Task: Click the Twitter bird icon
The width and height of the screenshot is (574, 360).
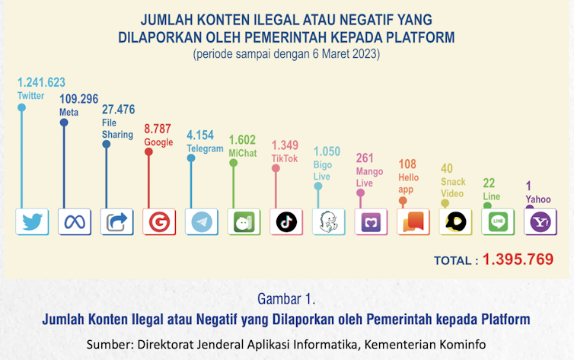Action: [x=32, y=222]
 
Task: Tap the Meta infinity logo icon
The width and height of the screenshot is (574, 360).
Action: [x=73, y=222]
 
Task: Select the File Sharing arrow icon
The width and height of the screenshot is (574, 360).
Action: [x=116, y=222]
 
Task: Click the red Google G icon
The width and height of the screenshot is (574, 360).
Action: [x=159, y=222]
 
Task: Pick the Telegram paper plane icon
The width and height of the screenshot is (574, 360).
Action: [x=202, y=222]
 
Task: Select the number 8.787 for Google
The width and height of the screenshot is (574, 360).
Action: [x=160, y=129]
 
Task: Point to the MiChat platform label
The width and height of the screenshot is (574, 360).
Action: [x=243, y=153]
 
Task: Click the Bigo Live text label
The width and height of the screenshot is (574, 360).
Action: [x=323, y=170]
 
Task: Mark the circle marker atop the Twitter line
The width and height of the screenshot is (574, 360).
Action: [x=21, y=108]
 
